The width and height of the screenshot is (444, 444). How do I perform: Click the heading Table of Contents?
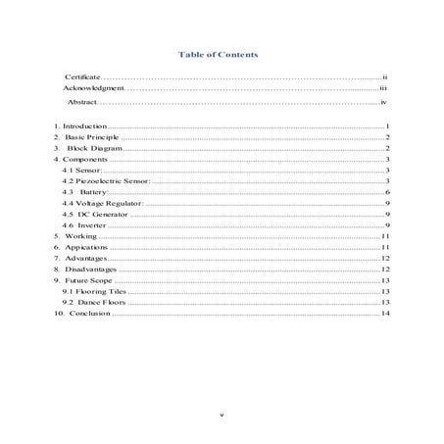(221, 56)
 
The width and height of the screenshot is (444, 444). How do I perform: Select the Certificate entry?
(81, 75)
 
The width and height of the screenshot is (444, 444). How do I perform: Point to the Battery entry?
(89, 192)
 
